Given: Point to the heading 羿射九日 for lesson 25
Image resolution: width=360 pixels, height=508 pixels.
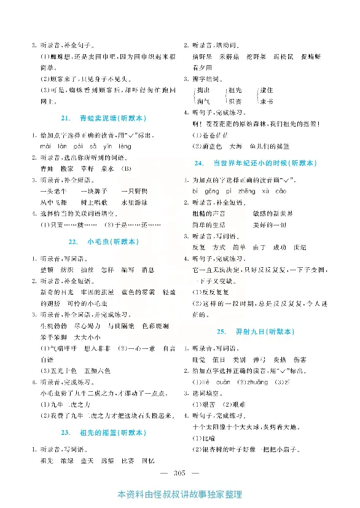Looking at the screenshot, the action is pyautogui.click(x=254, y=331).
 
